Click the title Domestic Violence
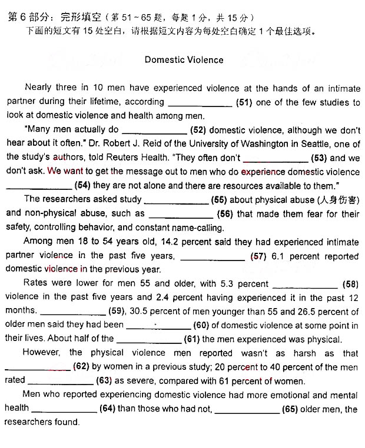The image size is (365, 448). coord(184,59)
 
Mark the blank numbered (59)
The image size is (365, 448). coord(72,312)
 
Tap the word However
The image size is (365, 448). coord(41,353)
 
